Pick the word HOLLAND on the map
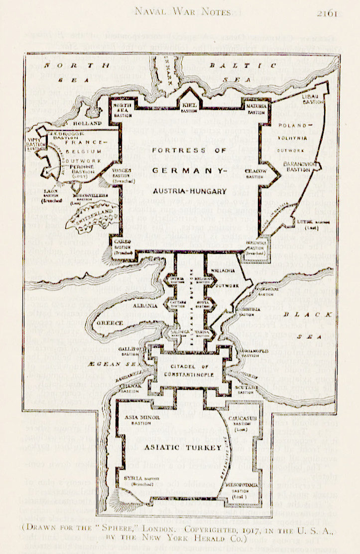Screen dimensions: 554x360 tap(87, 122)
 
